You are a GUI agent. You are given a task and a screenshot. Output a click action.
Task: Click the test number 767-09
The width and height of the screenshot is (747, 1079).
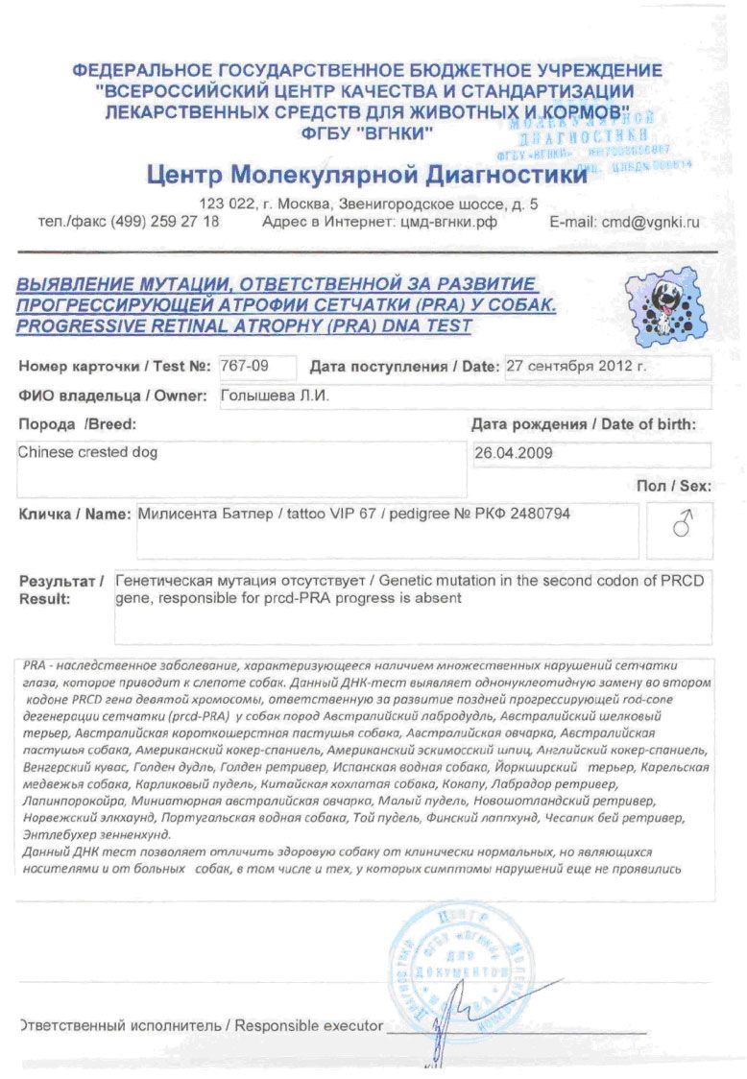click(244, 366)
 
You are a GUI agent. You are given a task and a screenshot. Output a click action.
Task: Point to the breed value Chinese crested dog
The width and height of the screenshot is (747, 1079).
click(87, 452)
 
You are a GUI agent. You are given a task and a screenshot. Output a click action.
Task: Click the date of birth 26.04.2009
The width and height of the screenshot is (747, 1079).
click(514, 453)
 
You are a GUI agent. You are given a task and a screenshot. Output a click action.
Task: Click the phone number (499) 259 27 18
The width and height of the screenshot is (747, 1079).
click(166, 221)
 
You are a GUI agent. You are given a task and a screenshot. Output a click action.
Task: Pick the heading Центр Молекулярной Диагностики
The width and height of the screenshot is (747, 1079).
click(366, 176)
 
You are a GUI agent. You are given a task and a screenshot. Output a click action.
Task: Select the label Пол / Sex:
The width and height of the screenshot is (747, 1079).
click(673, 487)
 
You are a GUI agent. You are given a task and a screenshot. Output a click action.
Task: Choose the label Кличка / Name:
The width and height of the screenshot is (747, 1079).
click(75, 514)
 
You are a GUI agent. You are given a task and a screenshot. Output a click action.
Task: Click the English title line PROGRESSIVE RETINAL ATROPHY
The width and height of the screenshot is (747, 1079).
click(244, 325)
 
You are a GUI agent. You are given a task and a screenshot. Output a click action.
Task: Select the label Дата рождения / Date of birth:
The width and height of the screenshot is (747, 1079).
click(583, 424)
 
